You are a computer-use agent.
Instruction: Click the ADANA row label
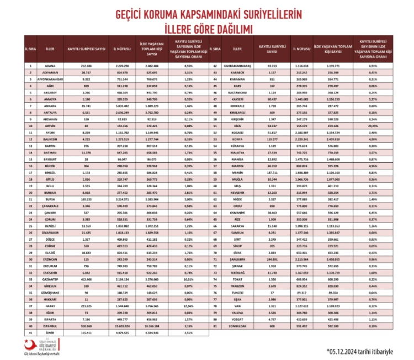[x=49, y=66]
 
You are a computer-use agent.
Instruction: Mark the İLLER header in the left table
[x=49, y=49]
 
